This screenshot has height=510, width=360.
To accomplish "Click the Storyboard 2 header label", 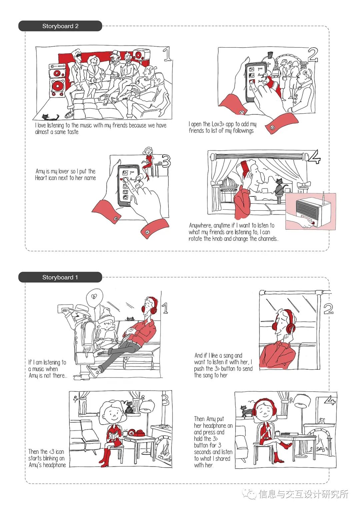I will coord(60,26).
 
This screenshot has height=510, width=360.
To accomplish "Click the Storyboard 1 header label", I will coord(60,277).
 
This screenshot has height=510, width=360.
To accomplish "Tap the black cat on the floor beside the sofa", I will coord(49,117).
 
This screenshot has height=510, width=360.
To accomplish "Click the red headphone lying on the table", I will coord(136,433).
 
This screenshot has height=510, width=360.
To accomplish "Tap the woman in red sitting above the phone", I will coord(148,160).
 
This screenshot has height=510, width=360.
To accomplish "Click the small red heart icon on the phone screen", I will coord(121,179).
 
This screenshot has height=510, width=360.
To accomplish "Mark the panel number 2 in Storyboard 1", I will coord(328,309).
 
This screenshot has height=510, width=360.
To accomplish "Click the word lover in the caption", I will coord(64,171).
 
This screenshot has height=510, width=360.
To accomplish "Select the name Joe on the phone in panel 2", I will coord(260,69).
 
